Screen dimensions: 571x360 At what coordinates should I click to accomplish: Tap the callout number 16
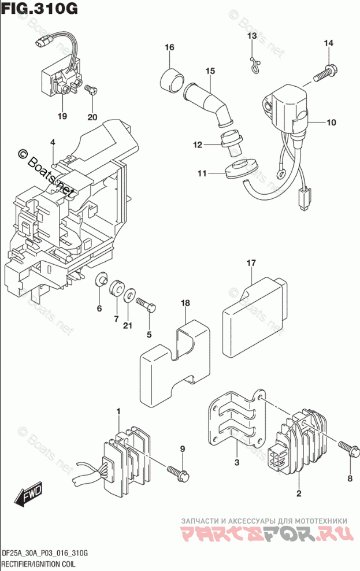click(x=169, y=47)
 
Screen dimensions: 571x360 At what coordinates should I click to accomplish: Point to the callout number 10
click(x=331, y=123)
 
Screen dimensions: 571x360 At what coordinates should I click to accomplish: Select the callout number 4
click(x=52, y=142)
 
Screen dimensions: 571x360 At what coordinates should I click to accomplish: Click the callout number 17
click(x=251, y=264)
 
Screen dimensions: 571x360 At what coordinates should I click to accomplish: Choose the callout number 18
click(x=185, y=303)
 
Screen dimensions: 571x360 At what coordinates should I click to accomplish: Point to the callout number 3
click(x=236, y=462)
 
